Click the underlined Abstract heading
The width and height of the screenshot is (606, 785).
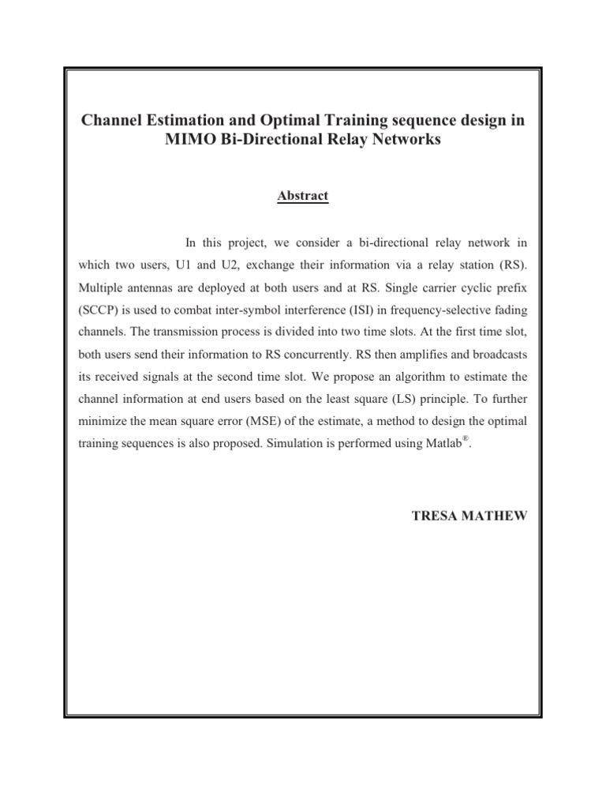(303, 195)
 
